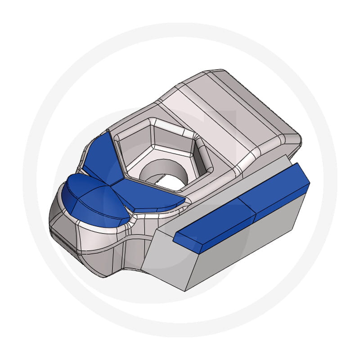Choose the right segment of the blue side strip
(274, 189)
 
